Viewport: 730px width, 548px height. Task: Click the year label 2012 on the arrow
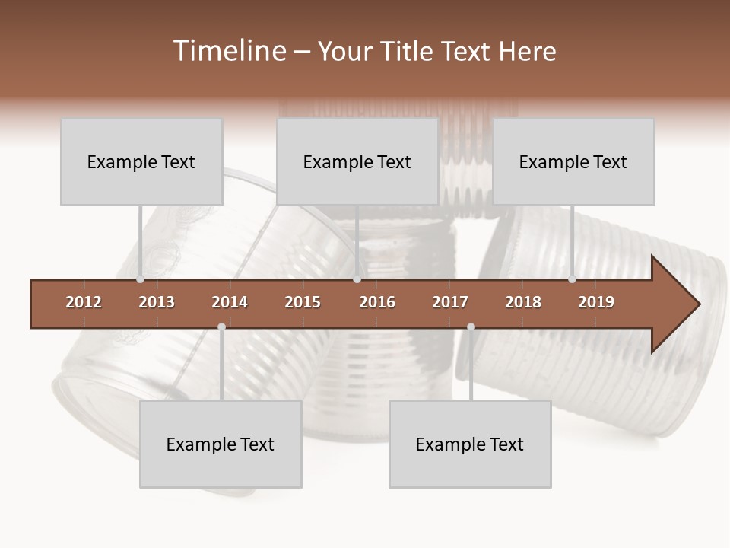point(84,302)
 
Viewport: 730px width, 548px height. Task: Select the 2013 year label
point(157,302)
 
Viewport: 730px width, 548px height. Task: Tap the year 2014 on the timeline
point(230,302)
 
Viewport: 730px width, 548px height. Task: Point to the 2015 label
point(303,302)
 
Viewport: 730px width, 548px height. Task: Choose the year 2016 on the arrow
point(377,302)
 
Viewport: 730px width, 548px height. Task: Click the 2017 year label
point(450,302)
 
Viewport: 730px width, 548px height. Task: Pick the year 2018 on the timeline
point(523,302)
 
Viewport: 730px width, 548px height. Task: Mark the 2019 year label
point(596,302)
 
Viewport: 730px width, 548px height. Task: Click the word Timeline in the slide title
point(229,51)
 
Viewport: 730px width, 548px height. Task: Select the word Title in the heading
point(408,51)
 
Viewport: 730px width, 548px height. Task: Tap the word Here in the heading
point(527,51)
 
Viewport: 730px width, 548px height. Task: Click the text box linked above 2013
point(141,162)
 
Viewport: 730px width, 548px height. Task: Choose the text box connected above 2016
point(357,162)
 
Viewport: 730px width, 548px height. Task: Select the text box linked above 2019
point(573,162)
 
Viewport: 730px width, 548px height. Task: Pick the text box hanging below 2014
point(221,444)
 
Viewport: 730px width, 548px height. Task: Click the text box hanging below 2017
point(470,444)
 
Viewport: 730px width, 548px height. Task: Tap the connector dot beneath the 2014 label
point(221,327)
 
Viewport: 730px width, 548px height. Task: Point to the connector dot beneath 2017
point(471,327)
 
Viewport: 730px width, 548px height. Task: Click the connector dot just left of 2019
point(572,279)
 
